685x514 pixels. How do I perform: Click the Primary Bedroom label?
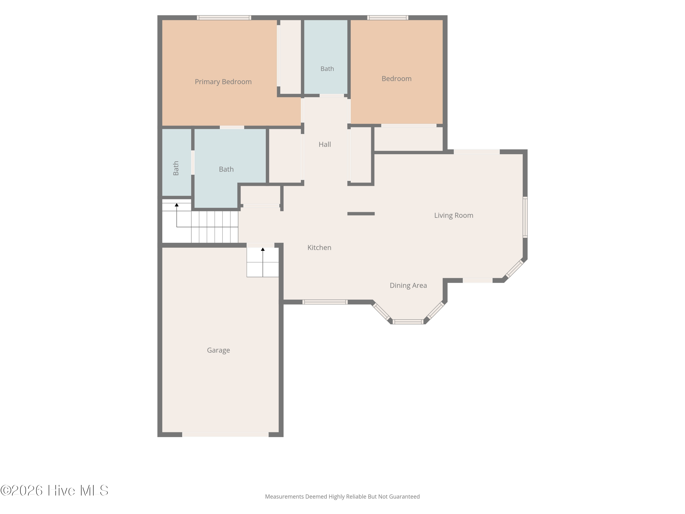pos(223,82)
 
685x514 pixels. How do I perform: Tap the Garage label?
pos(218,350)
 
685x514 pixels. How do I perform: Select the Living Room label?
pos(454,215)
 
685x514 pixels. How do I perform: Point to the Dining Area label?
pos(408,285)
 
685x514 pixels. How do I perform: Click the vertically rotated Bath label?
pos(176,168)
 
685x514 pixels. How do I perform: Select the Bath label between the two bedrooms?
pos(327,69)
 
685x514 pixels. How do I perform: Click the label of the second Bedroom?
pos(396,79)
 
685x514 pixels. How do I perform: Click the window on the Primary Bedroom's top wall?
pos(224,18)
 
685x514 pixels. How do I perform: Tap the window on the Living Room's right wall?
pos(525,217)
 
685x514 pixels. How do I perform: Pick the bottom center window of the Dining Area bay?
pos(408,322)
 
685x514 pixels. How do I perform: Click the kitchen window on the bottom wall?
pos(325,302)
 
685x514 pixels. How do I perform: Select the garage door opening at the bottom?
pos(225,435)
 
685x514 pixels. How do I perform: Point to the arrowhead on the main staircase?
pos(177,205)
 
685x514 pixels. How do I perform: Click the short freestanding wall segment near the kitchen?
pos(361,214)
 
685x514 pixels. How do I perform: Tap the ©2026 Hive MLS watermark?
pos(54,490)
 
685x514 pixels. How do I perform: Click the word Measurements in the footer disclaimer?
pos(284,497)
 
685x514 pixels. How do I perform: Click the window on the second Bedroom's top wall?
pos(388,18)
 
